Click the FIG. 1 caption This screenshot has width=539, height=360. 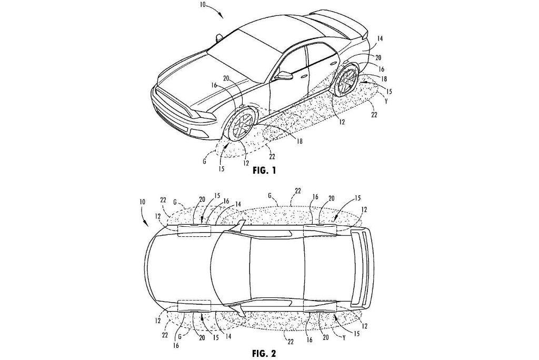point(264,170)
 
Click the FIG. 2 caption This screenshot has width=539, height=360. point(264,353)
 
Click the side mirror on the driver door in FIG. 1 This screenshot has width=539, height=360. point(284,75)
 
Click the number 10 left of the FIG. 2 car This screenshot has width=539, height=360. point(142,203)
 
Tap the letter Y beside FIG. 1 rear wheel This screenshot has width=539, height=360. point(386,102)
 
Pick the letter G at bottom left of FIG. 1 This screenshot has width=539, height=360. point(204,161)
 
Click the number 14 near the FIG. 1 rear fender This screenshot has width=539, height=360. point(380,39)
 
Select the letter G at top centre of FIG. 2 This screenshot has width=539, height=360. point(270,196)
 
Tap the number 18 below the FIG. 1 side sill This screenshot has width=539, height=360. point(300,141)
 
